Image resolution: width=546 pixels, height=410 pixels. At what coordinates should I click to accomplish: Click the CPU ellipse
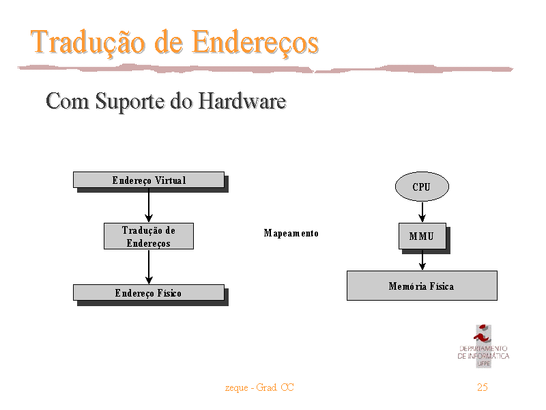tap(422, 187)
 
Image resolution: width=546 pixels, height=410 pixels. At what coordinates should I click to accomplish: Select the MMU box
tap(422, 236)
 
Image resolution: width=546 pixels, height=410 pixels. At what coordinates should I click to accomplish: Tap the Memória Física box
tap(422, 286)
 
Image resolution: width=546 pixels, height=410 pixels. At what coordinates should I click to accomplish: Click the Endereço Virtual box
tap(149, 180)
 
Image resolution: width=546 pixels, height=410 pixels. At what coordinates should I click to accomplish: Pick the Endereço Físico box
tap(149, 292)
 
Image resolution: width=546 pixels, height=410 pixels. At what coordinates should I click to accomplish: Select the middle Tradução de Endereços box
tap(149, 236)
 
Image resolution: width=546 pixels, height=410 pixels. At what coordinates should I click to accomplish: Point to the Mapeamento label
tap(291, 233)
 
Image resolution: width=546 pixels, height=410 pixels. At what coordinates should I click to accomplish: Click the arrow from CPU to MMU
tap(422, 212)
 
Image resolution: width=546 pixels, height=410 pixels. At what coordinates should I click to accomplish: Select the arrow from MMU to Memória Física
tap(422, 260)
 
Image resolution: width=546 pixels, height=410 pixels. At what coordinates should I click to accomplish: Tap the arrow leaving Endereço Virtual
tap(149, 206)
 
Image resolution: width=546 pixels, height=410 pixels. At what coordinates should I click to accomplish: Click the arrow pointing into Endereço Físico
tap(149, 266)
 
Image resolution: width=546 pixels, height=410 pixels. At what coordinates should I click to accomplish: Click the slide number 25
tap(483, 387)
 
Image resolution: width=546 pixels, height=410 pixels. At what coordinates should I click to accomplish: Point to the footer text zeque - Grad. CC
tap(259, 387)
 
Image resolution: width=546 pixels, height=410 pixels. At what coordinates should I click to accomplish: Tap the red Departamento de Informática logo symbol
tap(483, 333)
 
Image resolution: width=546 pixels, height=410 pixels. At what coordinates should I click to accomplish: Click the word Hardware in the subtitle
tap(242, 101)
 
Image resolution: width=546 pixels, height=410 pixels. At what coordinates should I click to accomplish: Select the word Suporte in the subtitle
tap(130, 102)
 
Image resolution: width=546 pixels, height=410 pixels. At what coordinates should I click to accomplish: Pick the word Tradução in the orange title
tap(88, 43)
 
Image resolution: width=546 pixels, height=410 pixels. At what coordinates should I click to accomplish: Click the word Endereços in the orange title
tap(255, 43)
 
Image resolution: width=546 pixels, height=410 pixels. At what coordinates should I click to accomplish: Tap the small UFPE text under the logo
tap(484, 364)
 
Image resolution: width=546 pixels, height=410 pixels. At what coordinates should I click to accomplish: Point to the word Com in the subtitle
tap(67, 101)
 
